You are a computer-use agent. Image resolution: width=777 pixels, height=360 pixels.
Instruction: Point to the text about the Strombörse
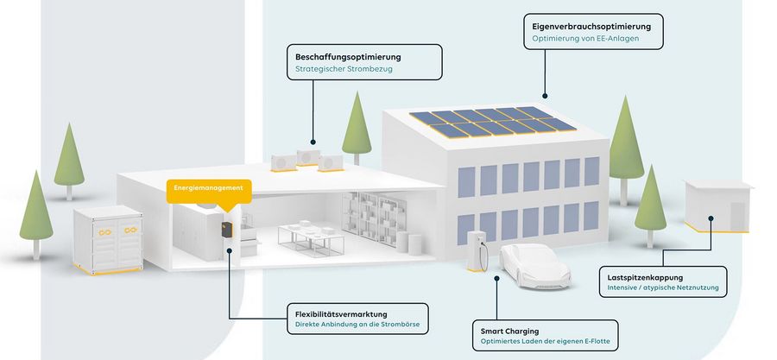point(356,326)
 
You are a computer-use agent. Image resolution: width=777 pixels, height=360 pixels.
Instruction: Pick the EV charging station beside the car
point(475,249)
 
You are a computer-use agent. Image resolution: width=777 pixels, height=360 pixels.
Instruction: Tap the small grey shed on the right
point(717,205)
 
